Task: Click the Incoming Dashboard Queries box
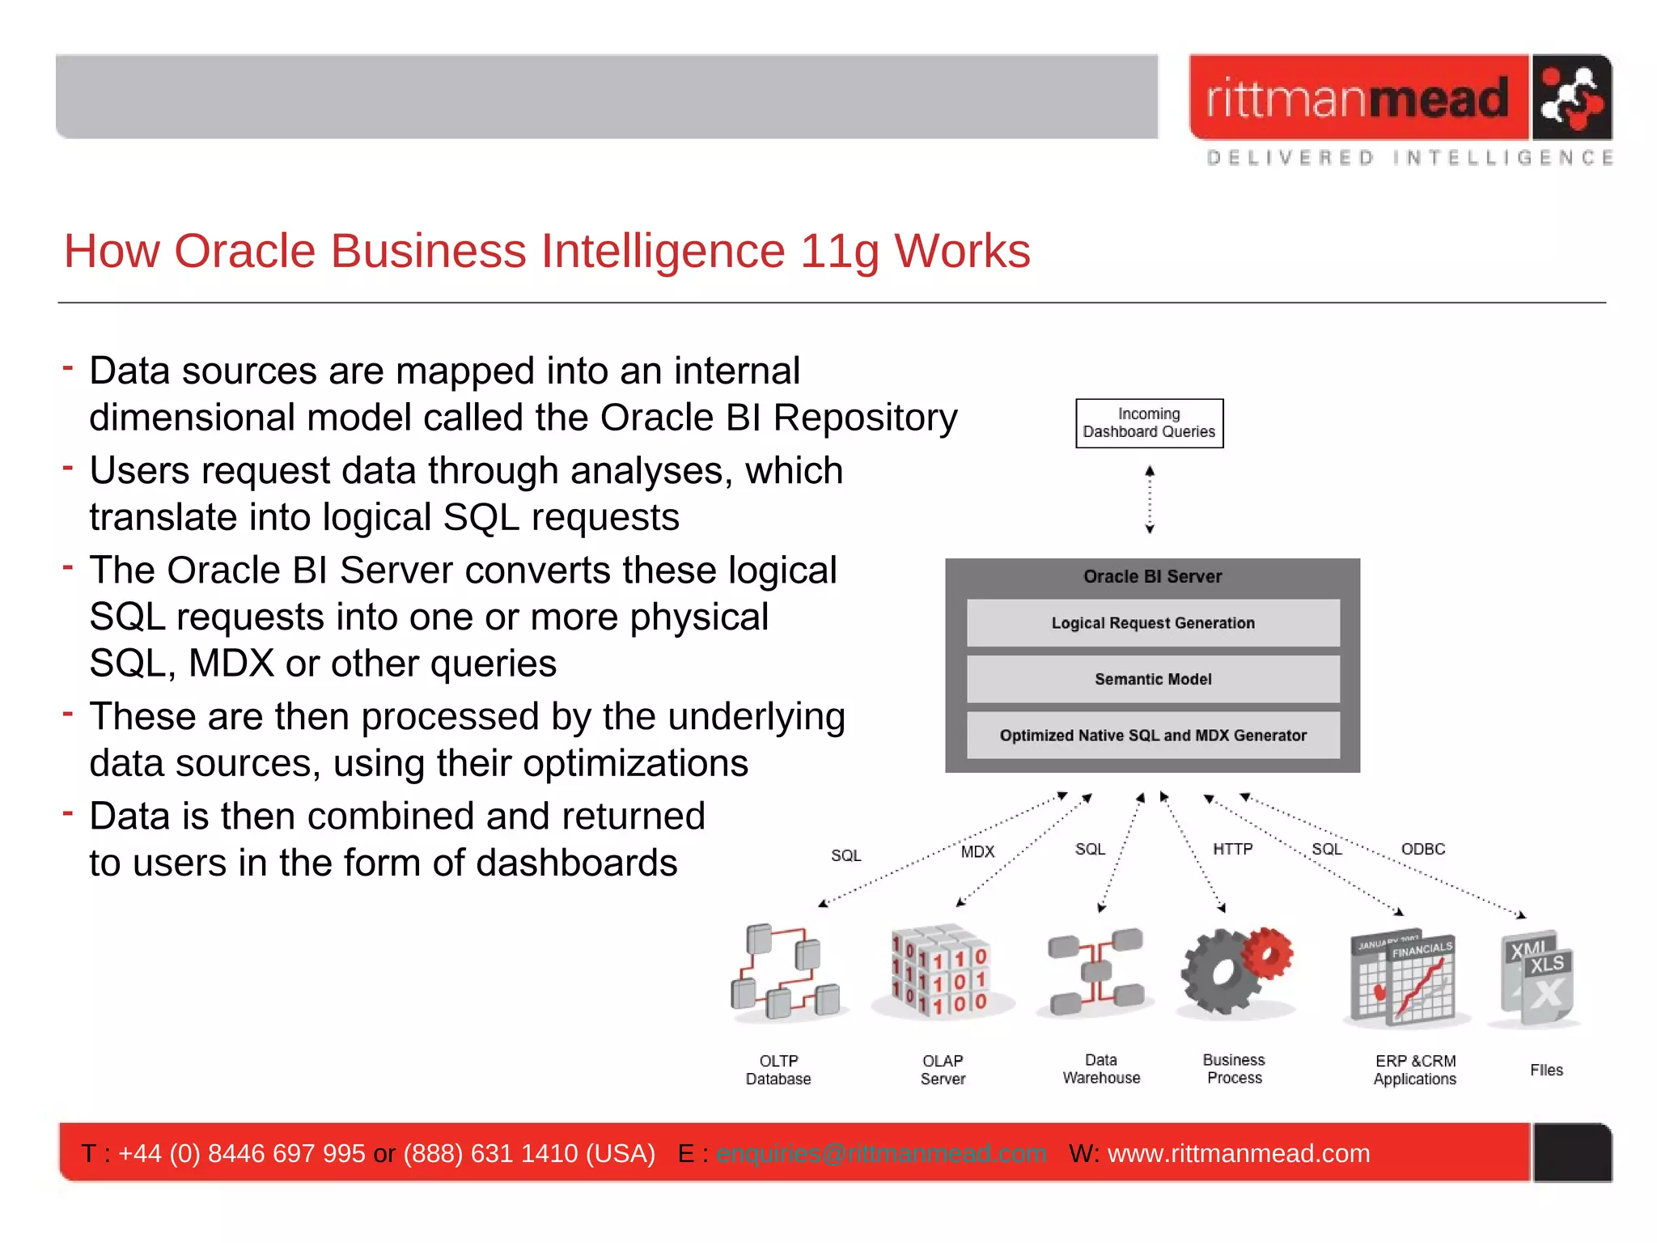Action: point(1149,423)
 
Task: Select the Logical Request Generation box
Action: point(1153,623)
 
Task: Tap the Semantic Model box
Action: point(1153,679)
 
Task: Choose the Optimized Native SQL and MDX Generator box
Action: point(1153,735)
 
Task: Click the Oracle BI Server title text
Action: point(1152,576)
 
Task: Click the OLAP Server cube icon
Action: point(941,971)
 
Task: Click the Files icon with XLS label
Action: point(1537,978)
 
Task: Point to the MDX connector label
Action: point(977,851)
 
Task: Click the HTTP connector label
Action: point(1232,849)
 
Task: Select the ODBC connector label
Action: point(1423,849)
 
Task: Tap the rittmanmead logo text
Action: point(1358,99)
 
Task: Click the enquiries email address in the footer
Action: point(881,1153)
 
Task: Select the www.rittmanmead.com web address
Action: point(1239,1153)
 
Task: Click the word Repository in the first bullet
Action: point(865,418)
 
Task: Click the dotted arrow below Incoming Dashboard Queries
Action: point(1150,499)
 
